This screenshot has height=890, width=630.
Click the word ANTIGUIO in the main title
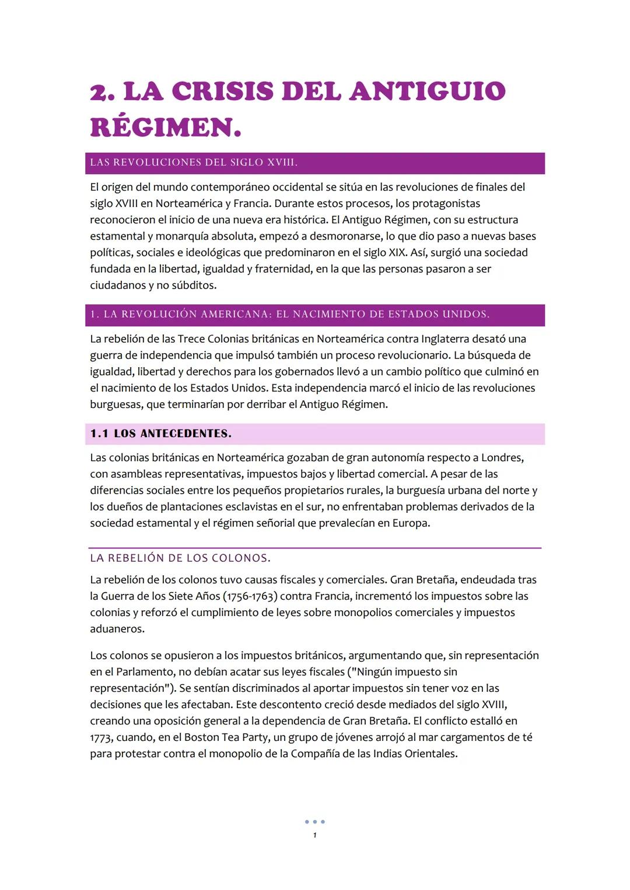point(427,92)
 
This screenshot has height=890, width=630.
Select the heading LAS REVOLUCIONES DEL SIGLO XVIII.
point(194,163)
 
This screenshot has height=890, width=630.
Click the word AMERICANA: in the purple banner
point(236,314)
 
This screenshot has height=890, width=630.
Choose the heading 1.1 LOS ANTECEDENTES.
point(160,434)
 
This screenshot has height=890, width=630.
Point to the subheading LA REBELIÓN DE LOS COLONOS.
point(180,558)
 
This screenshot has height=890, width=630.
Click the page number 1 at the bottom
point(315,835)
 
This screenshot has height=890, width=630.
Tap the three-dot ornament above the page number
point(315,822)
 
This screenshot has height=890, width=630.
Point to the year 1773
point(101,737)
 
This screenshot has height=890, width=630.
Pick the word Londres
point(501,458)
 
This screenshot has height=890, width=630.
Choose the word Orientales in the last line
point(430,753)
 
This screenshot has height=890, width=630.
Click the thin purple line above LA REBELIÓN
point(315,548)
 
